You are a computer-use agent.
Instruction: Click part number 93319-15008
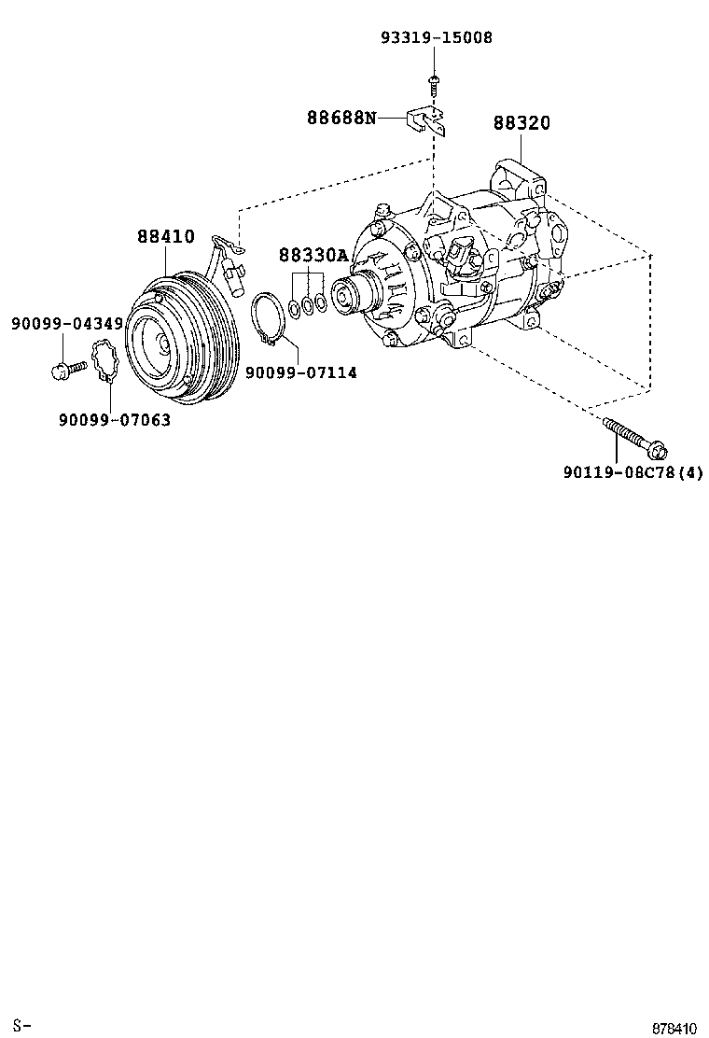point(436,38)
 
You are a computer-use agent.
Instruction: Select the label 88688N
point(342,118)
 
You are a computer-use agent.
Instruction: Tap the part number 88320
point(521,124)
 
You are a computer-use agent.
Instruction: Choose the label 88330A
point(313,255)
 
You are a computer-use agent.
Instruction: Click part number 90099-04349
point(67,324)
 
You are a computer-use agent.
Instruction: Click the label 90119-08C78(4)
point(633,473)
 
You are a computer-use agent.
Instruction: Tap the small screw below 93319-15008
point(435,83)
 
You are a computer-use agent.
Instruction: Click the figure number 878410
point(674,1028)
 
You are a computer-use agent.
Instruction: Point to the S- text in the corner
point(22,1027)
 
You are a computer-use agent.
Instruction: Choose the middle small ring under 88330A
point(307,304)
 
